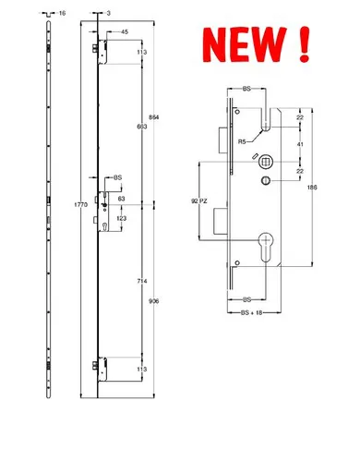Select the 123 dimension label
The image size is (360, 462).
pyautogui.click(x=121, y=218)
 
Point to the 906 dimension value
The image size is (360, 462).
pyautogui.click(x=154, y=298)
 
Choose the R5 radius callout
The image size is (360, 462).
pyautogui.click(x=242, y=141)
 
